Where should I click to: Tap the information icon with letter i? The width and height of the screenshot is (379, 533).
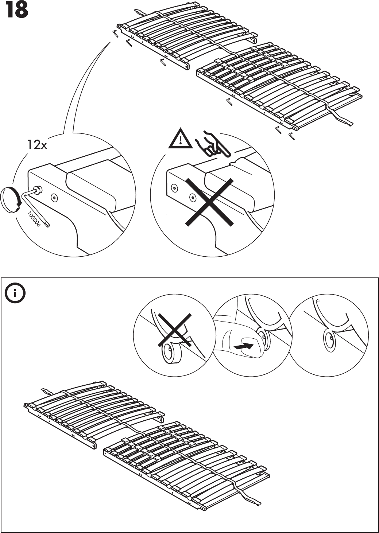pos(15,293)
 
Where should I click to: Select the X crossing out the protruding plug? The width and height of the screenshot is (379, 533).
pos(175,330)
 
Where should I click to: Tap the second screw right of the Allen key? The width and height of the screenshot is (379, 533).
pos(55,198)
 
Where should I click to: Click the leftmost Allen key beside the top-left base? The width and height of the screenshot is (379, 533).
pos(116,34)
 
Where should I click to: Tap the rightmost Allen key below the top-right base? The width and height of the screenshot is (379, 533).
pos(291,137)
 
